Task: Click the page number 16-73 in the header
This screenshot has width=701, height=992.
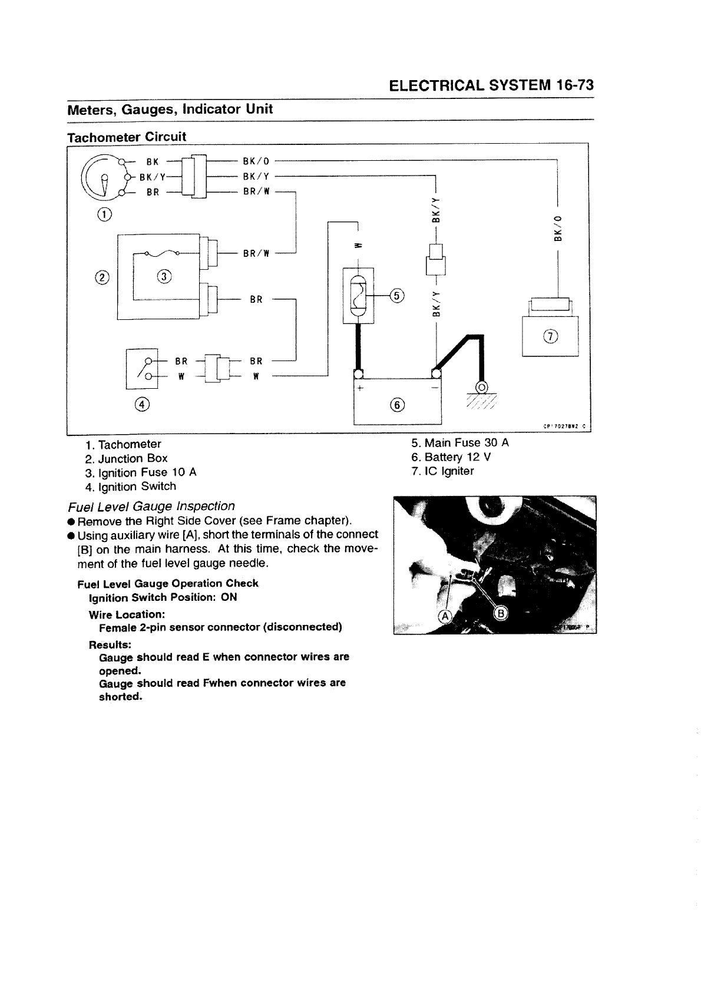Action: [574, 85]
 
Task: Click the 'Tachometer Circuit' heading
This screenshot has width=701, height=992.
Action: [127, 137]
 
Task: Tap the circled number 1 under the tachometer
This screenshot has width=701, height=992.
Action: [104, 213]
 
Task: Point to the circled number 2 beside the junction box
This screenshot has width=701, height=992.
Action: [102, 277]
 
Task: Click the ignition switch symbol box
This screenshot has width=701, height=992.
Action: [142, 369]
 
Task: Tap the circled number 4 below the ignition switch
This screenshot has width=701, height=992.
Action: [142, 404]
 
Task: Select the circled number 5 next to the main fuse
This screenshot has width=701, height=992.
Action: [397, 295]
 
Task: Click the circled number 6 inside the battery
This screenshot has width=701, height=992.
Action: [398, 404]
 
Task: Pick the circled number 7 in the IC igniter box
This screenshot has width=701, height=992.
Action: [551, 336]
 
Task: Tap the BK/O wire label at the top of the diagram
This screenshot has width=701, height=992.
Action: [256, 160]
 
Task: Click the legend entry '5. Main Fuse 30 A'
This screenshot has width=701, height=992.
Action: [459, 442]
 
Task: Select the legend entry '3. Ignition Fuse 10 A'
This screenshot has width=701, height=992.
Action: [141, 472]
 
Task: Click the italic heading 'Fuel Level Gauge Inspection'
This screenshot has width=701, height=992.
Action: [151, 506]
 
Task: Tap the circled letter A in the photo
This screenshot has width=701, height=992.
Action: [445, 616]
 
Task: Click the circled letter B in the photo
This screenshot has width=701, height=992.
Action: [501, 614]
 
